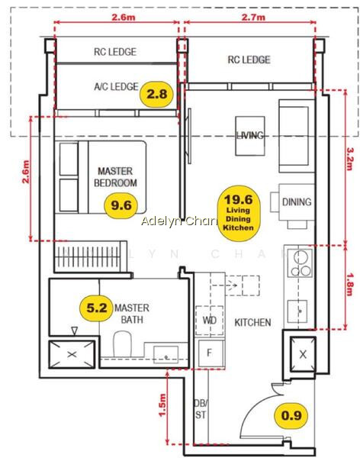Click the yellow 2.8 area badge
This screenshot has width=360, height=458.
click(x=156, y=95)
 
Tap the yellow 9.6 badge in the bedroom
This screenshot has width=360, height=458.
click(x=121, y=205)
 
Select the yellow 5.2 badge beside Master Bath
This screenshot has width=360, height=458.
click(x=97, y=308)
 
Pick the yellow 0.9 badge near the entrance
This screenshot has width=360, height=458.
click(x=291, y=416)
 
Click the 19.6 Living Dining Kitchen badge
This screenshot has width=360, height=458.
click(x=239, y=213)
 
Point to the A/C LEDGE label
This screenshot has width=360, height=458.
click(x=116, y=86)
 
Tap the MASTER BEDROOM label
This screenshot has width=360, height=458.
click(x=115, y=177)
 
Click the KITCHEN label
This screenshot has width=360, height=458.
click(x=253, y=322)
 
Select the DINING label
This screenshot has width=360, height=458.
click(x=297, y=202)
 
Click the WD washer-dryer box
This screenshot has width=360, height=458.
click(x=209, y=321)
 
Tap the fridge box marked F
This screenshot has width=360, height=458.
click(x=210, y=353)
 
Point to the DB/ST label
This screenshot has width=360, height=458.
click(x=201, y=409)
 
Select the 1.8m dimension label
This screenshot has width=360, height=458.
click(x=349, y=285)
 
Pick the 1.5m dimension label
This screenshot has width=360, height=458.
click(x=162, y=405)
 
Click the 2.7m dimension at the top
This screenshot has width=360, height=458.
click(x=253, y=18)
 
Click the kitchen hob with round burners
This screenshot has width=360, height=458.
click(x=301, y=263)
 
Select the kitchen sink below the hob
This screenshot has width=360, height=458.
click(x=297, y=311)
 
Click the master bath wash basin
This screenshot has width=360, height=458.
click(x=166, y=354)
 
